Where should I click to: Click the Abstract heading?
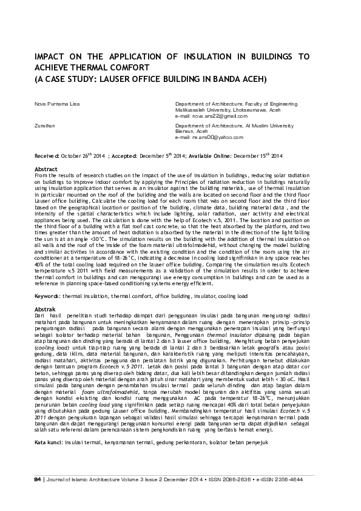[x=46, y=168]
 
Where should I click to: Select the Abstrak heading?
[x=46, y=310]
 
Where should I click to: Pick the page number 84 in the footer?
[x=38, y=496]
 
